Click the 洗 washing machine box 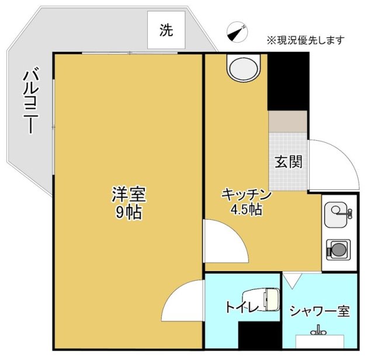coord(167,31)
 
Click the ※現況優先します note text coord(306,40)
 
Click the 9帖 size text coord(129,212)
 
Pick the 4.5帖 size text coord(245,209)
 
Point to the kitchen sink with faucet coord(338,213)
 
